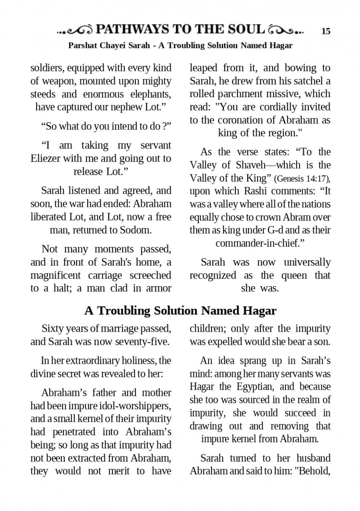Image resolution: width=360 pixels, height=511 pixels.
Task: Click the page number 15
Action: (x=326, y=31)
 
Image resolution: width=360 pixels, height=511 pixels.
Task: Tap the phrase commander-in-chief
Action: (x=259, y=243)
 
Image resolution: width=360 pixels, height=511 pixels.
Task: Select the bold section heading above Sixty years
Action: (x=180, y=311)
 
